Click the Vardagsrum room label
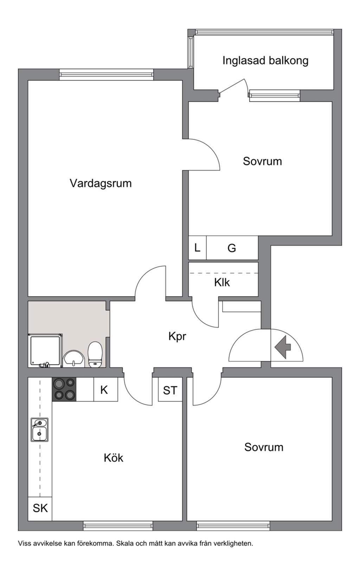click(x=101, y=183)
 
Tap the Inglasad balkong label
click(x=265, y=61)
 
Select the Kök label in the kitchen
click(x=114, y=458)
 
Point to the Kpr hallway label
click(x=177, y=336)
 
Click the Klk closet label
click(x=222, y=282)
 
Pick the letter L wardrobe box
click(x=197, y=248)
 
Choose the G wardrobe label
click(x=232, y=248)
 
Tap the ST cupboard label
click(x=170, y=390)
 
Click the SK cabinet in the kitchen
click(x=40, y=508)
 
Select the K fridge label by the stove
click(x=104, y=390)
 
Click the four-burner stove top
click(x=64, y=389)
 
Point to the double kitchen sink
click(x=39, y=430)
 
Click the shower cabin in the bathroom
click(x=45, y=351)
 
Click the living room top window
click(x=106, y=75)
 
